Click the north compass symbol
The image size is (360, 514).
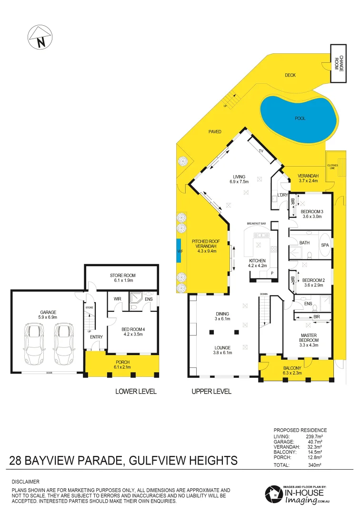(x=40, y=37)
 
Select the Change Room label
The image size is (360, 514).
(x=339, y=63)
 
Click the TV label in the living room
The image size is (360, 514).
(x=260, y=151)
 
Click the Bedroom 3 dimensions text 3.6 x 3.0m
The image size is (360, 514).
(x=312, y=217)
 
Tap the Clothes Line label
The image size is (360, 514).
(x=332, y=167)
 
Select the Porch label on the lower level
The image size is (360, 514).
(x=122, y=362)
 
